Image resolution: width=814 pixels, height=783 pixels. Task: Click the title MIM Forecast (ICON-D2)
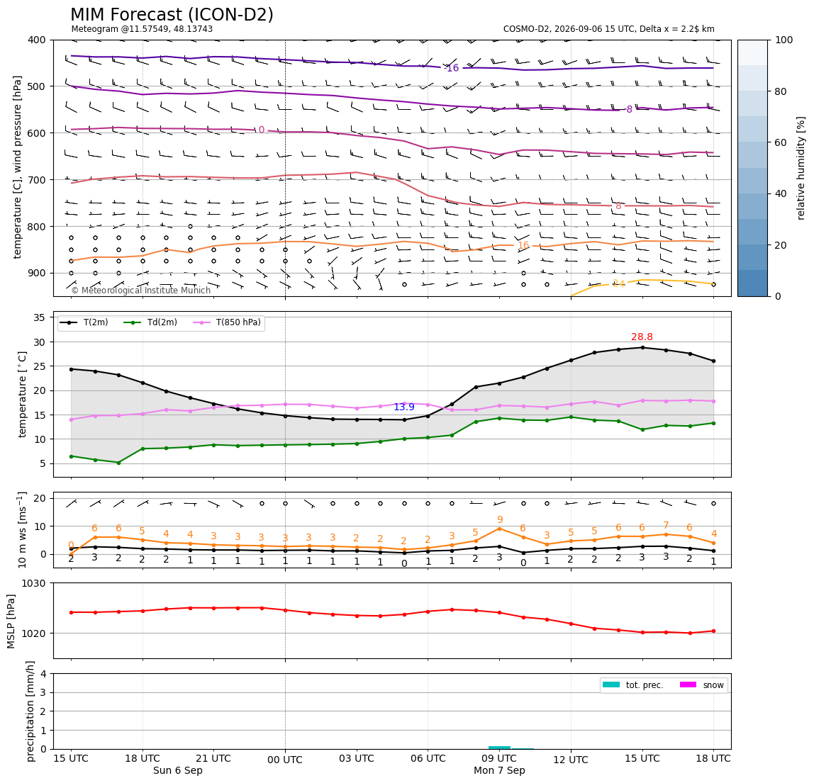[x=172, y=15]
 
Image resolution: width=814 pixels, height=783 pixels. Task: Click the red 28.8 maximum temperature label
[x=642, y=337]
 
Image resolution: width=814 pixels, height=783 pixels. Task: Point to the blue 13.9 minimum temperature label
[x=404, y=407]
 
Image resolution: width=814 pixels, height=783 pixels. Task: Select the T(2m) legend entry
[x=84, y=322]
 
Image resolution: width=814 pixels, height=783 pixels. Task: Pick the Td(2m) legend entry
[x=150, y=322]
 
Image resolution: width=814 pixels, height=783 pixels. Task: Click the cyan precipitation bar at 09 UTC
[x=499, y=747]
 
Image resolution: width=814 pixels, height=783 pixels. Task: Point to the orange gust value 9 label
[x=500, y=519]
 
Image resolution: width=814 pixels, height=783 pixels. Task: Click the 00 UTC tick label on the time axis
[x=285, y=760]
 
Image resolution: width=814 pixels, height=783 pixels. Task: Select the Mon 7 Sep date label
[x=499, y=770]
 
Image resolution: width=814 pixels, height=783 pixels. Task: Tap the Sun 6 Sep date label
[x=177, y=770]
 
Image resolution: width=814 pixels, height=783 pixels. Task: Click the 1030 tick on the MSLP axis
[x=34, y=583]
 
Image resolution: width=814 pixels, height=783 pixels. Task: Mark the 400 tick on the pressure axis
[x=38, y=40]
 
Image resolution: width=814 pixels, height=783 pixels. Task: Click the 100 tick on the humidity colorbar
[x=784, y=40]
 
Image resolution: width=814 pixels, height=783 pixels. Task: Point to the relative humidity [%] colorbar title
[x=801, y=168]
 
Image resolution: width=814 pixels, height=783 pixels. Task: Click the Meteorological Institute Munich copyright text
[x=141, y=290]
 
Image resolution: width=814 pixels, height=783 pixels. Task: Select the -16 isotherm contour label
[x=452, y=68]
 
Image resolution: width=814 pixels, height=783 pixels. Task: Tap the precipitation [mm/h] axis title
[x=30, y=711]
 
